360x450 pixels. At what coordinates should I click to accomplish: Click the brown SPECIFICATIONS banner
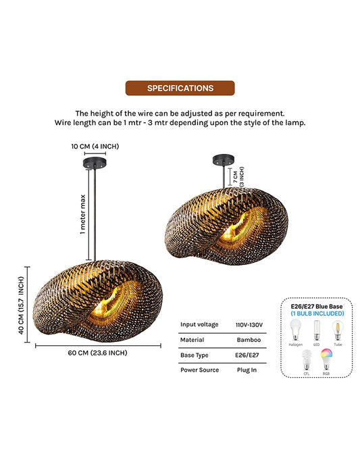pyautogui.click(x=180, y=88)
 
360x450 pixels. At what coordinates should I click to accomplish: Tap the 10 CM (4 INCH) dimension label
pyautogui.click(x=95, y=147)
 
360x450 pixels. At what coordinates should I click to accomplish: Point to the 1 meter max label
pyautogui.click(x=82, y=214)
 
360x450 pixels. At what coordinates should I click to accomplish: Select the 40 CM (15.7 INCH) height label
pyautogui.click(x=21, y=305)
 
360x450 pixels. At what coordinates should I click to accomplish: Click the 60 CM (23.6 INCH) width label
pyautogui.click(x=97, y=353)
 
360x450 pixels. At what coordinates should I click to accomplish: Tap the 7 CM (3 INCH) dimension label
pyautogui.click(x=238, y=177)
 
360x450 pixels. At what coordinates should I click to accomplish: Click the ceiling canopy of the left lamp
pyautogui.click(x=95, y=163)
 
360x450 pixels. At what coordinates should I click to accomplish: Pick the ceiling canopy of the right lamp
pyautogui.click(x=224, y=160)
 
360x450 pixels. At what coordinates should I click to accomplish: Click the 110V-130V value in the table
pyautogui.click(x=249, y=325)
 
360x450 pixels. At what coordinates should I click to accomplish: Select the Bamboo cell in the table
pyautogui.click(x=249, y=340)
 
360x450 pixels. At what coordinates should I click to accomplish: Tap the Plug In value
pyautogui.click(x=247, y=370)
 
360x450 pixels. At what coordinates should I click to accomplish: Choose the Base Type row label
pyautogui.click(x=195, y=355)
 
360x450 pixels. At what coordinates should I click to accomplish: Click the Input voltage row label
pyautogui.click(x=199, y=324)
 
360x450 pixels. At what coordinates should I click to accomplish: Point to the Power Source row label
pyautogui.click(x=200, y=370)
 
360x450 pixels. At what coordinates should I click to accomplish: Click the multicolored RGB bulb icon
pyautogui.click(x=326, y=359)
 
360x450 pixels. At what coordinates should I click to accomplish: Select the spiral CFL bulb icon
pyautogui.click(x=307, y=359)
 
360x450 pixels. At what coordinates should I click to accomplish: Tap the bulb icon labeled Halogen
pyautogui.click(x=295, y=330)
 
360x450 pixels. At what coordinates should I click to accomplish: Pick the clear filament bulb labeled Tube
pyautogui.click(x=338, y=330)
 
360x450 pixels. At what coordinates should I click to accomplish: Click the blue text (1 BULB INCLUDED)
pyautogui.click(x=317, y=314)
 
